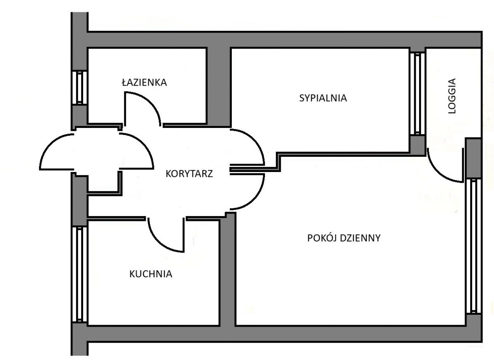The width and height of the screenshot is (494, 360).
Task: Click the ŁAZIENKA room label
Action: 144,82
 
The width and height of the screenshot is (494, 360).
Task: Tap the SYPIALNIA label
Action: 323,98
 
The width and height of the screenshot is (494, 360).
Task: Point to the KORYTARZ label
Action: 189,174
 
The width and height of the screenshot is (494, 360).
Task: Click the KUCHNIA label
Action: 151,274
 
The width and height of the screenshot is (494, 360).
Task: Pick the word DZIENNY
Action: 362,238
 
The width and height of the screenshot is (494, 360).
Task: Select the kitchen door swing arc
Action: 158,243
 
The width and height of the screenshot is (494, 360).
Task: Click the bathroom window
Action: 79,88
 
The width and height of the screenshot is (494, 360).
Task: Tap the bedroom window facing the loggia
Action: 417,93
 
